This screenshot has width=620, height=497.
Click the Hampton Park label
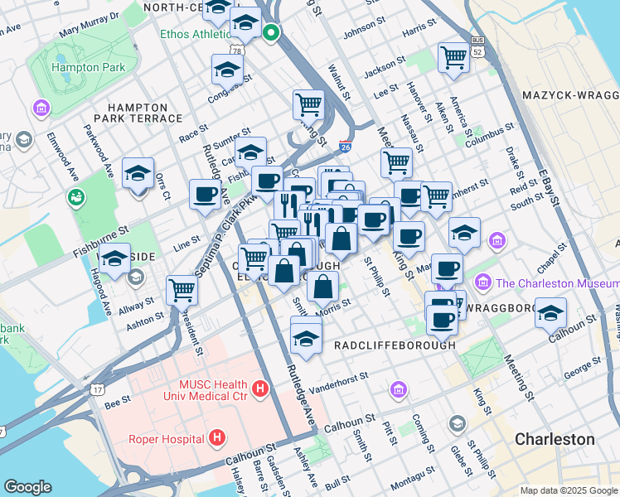[82, 67]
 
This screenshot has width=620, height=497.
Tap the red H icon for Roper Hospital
[217, 437]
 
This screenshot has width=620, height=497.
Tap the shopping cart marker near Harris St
[453, 57]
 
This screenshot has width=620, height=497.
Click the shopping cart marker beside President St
[182, 289]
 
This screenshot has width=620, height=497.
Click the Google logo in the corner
[27, 487]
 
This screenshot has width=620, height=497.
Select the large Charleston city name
[555, 438]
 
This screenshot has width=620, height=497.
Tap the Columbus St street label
[484, 142]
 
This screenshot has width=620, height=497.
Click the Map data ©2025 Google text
[568, 490]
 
